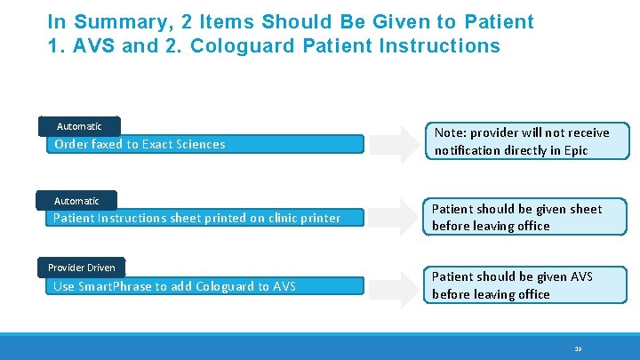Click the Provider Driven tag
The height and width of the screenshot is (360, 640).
click(x=81, y=268)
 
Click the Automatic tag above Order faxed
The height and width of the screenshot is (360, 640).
click(x=79, y=126)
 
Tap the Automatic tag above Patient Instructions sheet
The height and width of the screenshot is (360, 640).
click(x=76, y=201)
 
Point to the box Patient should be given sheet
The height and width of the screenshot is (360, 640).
click(x=525, y=218)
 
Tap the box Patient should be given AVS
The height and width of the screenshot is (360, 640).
click(x=525, y=285)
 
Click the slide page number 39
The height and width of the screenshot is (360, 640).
click(x=578, y=349)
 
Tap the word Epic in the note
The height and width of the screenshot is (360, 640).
click(x=575, y=150)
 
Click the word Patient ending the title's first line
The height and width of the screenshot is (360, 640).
click(x=500, y=21)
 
